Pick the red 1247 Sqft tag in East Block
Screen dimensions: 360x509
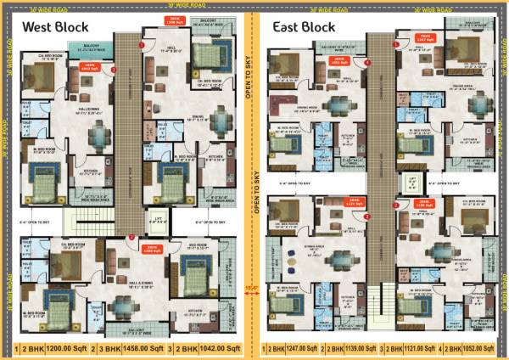(425, 37)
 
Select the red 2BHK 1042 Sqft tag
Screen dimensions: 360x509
(86, 66)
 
